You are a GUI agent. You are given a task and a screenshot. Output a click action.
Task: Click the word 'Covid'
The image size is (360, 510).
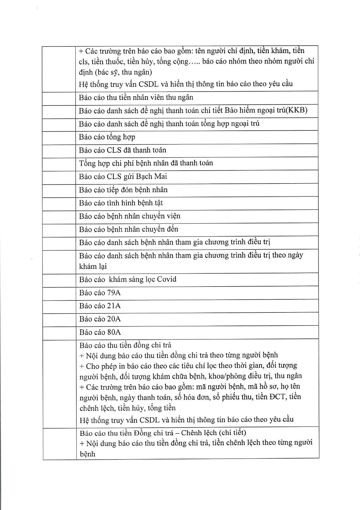(167, 279)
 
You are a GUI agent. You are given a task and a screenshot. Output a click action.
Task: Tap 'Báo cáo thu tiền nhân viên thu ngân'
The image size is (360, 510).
(136, 97)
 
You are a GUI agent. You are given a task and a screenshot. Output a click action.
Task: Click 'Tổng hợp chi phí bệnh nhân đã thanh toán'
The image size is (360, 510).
(146, 163)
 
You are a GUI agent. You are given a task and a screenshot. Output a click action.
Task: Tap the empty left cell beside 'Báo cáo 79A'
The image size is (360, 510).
(59, 293)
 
